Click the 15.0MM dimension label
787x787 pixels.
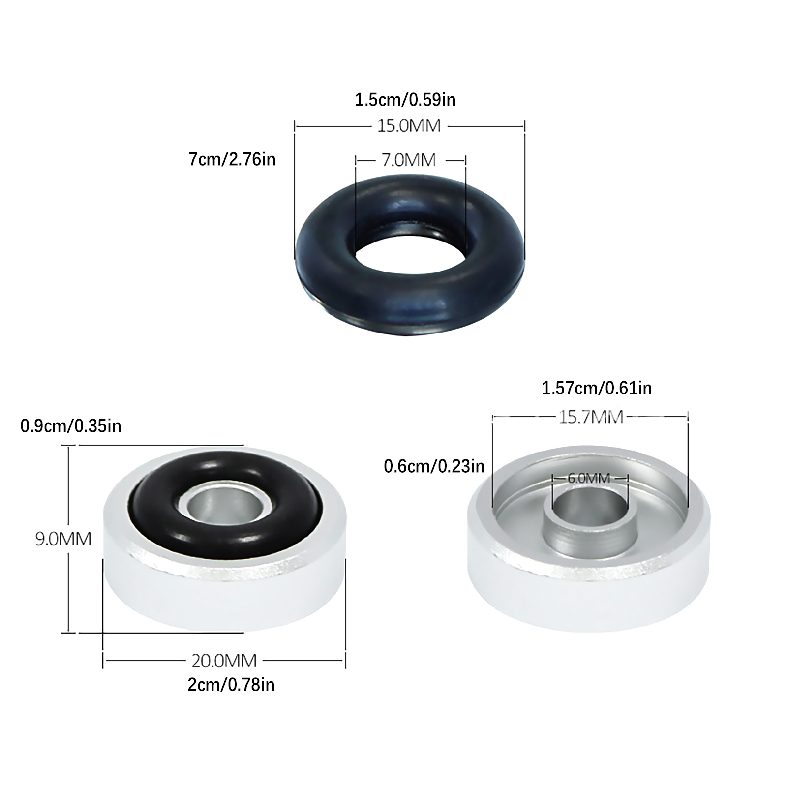409,126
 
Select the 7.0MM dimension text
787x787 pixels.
409,160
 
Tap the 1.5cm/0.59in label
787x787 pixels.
405,100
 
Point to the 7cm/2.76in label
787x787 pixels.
232,159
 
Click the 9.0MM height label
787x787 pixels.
63,539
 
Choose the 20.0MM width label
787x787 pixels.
224,660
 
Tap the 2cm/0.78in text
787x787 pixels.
231,684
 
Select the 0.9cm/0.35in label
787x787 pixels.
71,425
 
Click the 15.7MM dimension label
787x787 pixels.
591,417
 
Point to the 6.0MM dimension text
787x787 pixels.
589,478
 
